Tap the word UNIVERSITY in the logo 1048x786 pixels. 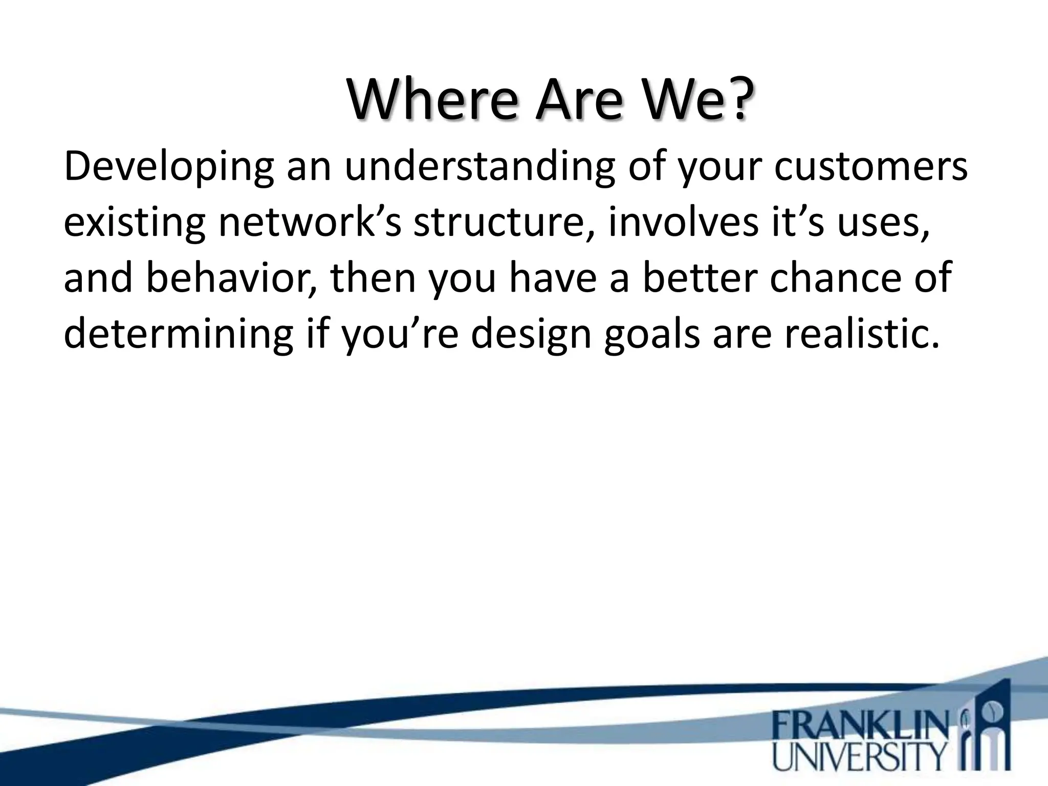click(860, 758)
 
